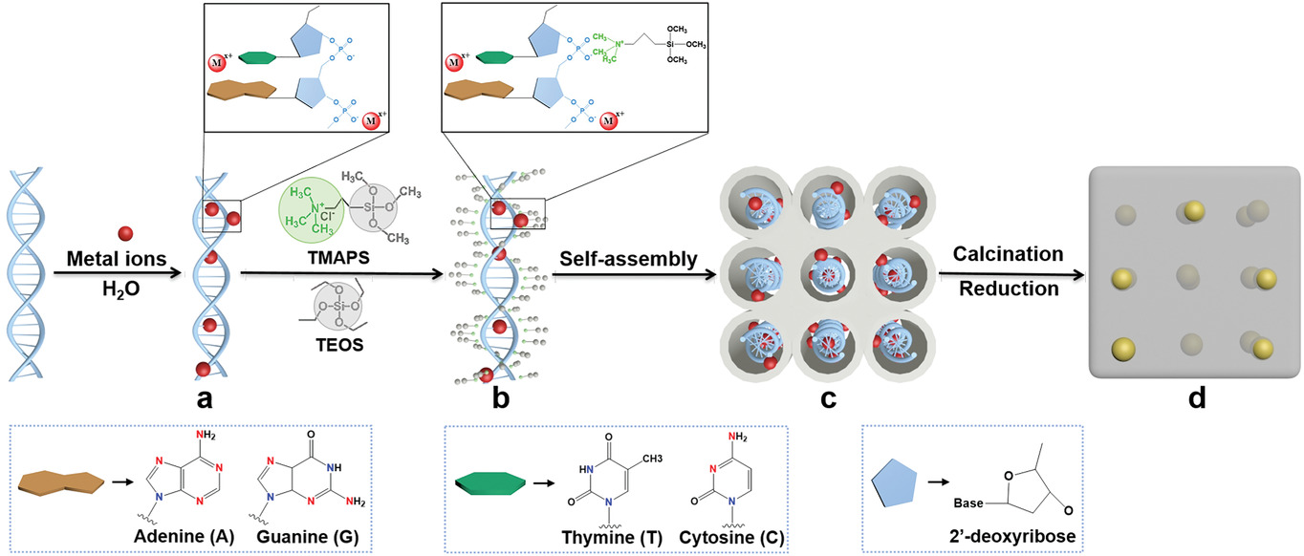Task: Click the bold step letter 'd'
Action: pyautogui.click(x=1195, y=396)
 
